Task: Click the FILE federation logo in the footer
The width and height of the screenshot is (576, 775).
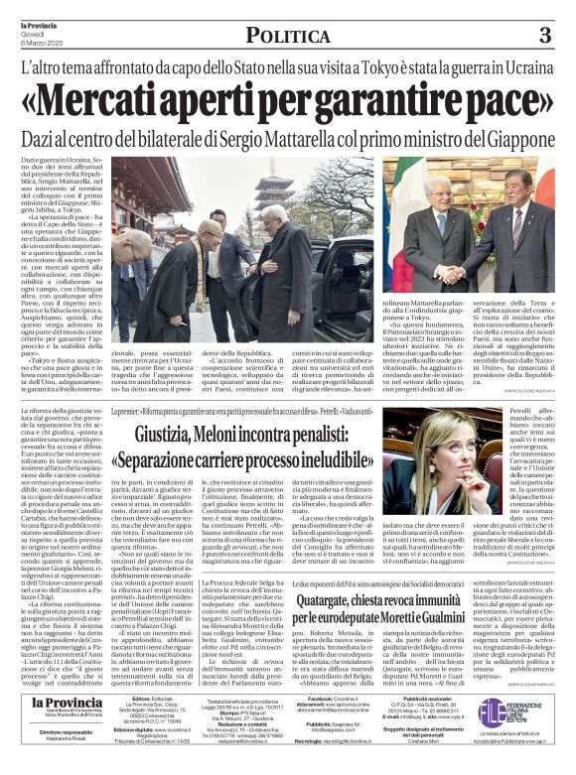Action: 493,710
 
